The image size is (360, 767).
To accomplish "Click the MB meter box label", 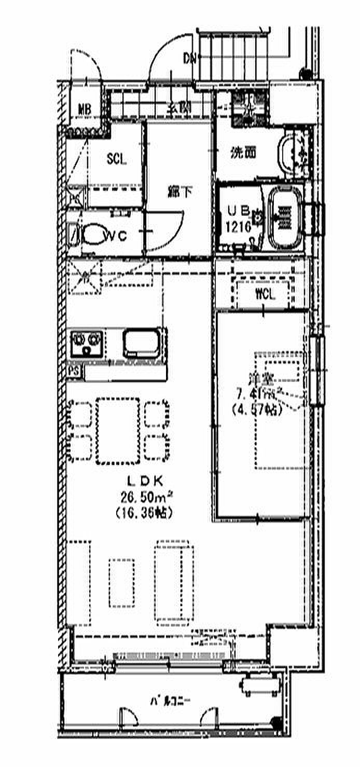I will coord(84,109).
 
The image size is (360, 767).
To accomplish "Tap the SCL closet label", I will coord(116,159).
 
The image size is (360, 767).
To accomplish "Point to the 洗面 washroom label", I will coord(243,153).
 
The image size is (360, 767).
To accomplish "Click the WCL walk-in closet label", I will coord(265,294).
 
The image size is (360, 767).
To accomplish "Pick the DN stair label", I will coord(189,58).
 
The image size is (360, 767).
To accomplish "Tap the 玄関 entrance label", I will coord(179,108).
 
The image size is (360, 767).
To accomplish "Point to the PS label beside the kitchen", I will coord(74,371).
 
